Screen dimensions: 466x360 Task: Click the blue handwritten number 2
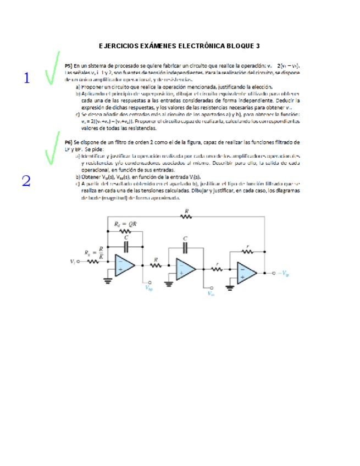[x=26, y=181]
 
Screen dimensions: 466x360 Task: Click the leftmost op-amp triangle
[x=124, y=265]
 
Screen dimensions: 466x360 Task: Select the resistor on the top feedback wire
[x=187, y=217]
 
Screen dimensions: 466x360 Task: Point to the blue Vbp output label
[x=149, y=286]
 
